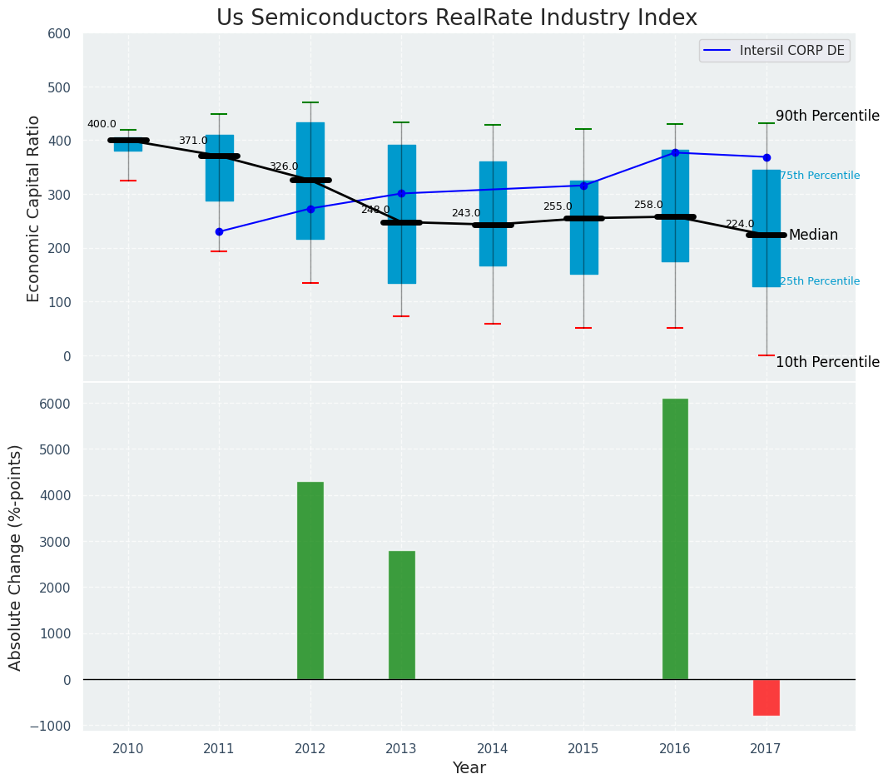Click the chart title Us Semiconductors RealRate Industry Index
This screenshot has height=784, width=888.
click(456, 18)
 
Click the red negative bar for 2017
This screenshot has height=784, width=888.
click(766, 697)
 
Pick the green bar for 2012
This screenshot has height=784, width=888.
click(310, 580)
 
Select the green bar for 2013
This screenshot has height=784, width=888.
click(401, 615)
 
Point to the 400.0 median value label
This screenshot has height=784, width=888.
click(102, 125)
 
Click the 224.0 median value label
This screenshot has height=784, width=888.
click(740, 225)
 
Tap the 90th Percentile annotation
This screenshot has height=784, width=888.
click(827, 117)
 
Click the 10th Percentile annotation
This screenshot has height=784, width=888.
click(827, 363)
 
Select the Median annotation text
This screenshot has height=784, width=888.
click(813, 236)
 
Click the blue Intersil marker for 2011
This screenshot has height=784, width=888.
click(219, 232)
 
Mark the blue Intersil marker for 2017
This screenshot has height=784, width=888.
click(766, 157)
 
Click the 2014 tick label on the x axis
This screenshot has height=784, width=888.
click(493, 749)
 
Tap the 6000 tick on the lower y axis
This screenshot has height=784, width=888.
click(55, 404)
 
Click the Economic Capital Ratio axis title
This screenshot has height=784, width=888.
click(34, 208)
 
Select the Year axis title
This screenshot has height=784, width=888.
click(469, 768)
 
